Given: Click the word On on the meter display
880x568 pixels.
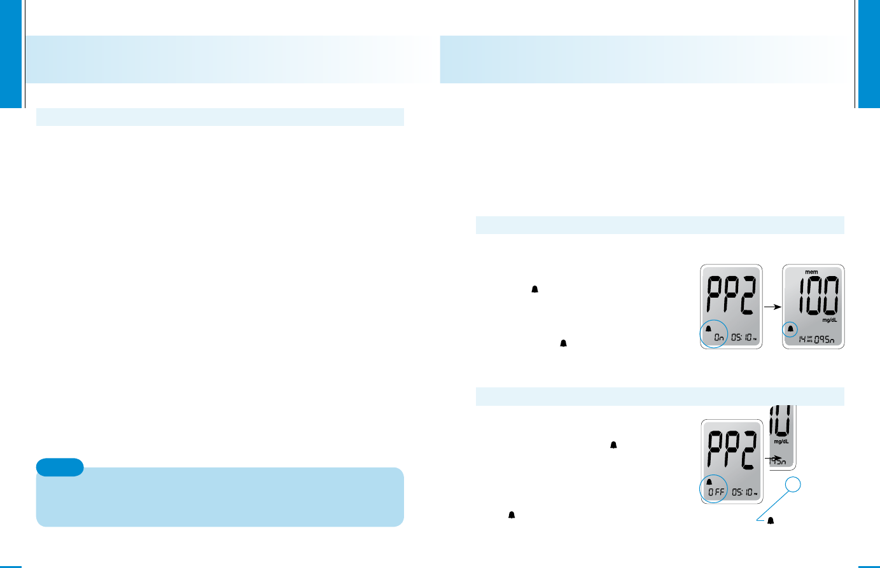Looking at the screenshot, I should [718, 338].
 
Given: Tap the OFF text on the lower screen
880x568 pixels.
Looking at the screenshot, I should [717, 492].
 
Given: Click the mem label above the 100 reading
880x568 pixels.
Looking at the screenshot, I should [811, 272].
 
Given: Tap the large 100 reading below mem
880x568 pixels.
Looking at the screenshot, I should [813, 295].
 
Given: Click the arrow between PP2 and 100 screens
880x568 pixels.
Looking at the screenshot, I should [772, 307].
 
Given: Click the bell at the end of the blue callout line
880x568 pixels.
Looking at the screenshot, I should [771, 521].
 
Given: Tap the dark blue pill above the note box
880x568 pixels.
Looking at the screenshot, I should [60, 467].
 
